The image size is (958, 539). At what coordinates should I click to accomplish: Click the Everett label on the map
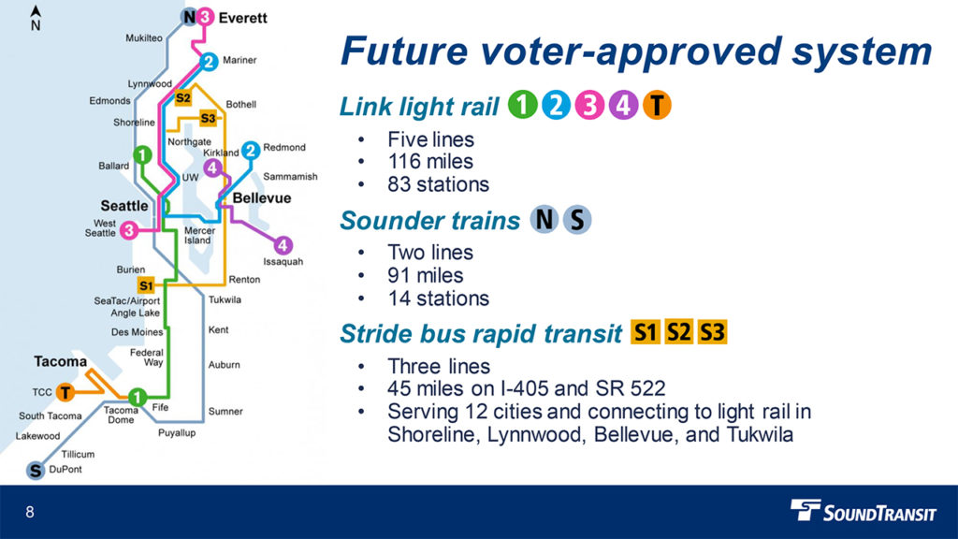(242, 18)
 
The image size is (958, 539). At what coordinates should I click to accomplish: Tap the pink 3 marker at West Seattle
(129, 230)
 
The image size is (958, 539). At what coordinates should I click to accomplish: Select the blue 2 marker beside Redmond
(251, 150)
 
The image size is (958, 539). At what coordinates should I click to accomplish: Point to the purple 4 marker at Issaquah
(283, 246)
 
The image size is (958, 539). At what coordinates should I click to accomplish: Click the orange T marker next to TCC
(65, 392)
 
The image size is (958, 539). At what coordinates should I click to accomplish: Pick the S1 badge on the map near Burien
(146, 285)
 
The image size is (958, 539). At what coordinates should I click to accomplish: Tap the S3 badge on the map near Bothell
(208, 118)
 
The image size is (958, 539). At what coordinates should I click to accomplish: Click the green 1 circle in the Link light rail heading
(522, 105)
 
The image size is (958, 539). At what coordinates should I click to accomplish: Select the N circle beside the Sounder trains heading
(544, 219)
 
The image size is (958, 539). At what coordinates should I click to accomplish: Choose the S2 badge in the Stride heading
(679, 332)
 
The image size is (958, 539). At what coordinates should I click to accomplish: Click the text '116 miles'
(430, 161)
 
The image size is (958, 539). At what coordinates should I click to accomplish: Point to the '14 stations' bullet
(438, 299)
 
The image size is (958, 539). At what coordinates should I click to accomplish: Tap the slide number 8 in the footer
(29, 512)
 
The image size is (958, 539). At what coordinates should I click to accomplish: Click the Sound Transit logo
(864, 511)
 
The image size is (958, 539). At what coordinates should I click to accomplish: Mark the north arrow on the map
(36, 18)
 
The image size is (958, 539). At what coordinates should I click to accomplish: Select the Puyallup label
(177, 432)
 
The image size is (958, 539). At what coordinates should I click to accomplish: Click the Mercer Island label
(198, 235)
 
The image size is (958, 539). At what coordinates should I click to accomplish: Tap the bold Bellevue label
(262, 198)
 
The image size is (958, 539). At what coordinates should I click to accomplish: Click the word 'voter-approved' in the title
(631, 51)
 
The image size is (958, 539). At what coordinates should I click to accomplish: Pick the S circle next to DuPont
(36, 471)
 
